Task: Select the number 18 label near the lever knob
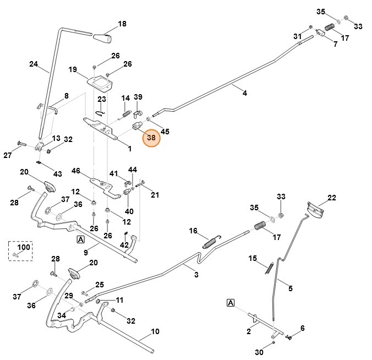(x=122, y=24)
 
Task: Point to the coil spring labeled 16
(x=210, y=242)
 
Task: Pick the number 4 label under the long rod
(x=245, y=94)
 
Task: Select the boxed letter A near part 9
(x=80, y=240)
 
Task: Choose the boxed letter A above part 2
(x=230, y=303)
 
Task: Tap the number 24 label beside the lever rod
(x=34, y=64)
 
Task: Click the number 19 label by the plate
(x=73, y=70)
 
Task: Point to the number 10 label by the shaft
(x=155, y=331)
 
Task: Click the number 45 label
(x=165, y=131)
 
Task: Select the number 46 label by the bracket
(x=76, y=171)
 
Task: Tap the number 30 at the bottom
(x=259, y=353)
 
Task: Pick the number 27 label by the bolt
(x=8, y=156)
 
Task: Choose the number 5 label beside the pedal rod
(x=290, y=287)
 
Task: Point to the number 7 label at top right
(x=335, y=43)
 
